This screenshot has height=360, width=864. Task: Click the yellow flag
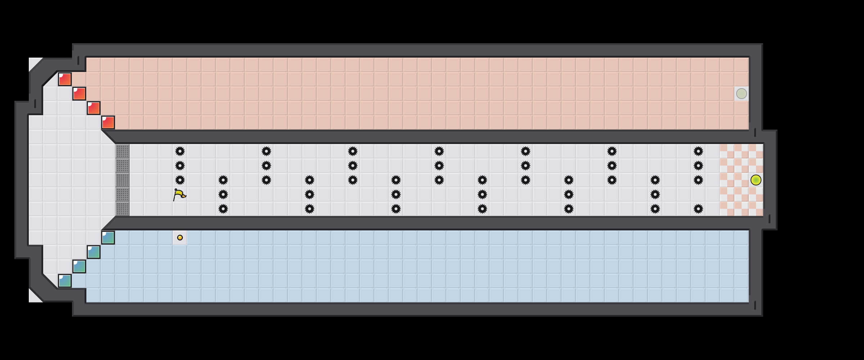click(179, 195)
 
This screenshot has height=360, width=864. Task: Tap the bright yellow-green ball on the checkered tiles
click(756, 180)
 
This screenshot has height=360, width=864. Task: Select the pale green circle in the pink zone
click(741, 94)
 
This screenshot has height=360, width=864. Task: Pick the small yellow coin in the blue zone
click(180, 238)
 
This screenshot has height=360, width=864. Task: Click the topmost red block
click(65, 79)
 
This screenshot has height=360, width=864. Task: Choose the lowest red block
click(108, 122)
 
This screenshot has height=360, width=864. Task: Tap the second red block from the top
click(79, 94)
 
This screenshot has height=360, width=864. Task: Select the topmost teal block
click(108, 238)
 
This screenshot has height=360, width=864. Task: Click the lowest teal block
click(65, 281)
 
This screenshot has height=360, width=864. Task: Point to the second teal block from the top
click(94, 252)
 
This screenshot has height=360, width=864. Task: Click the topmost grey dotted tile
click(122, 151)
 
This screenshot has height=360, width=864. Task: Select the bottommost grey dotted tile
click(122, 209)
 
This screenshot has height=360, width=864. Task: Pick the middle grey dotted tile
click(122, 180)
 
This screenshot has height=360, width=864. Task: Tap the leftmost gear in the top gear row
click(180, 151)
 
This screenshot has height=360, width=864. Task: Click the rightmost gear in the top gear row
click(698, 151)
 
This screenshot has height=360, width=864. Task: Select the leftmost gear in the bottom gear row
click(223, 209)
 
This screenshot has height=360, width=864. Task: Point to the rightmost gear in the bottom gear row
click(698, 209)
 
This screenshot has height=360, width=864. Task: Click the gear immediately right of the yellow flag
click(223, 194)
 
